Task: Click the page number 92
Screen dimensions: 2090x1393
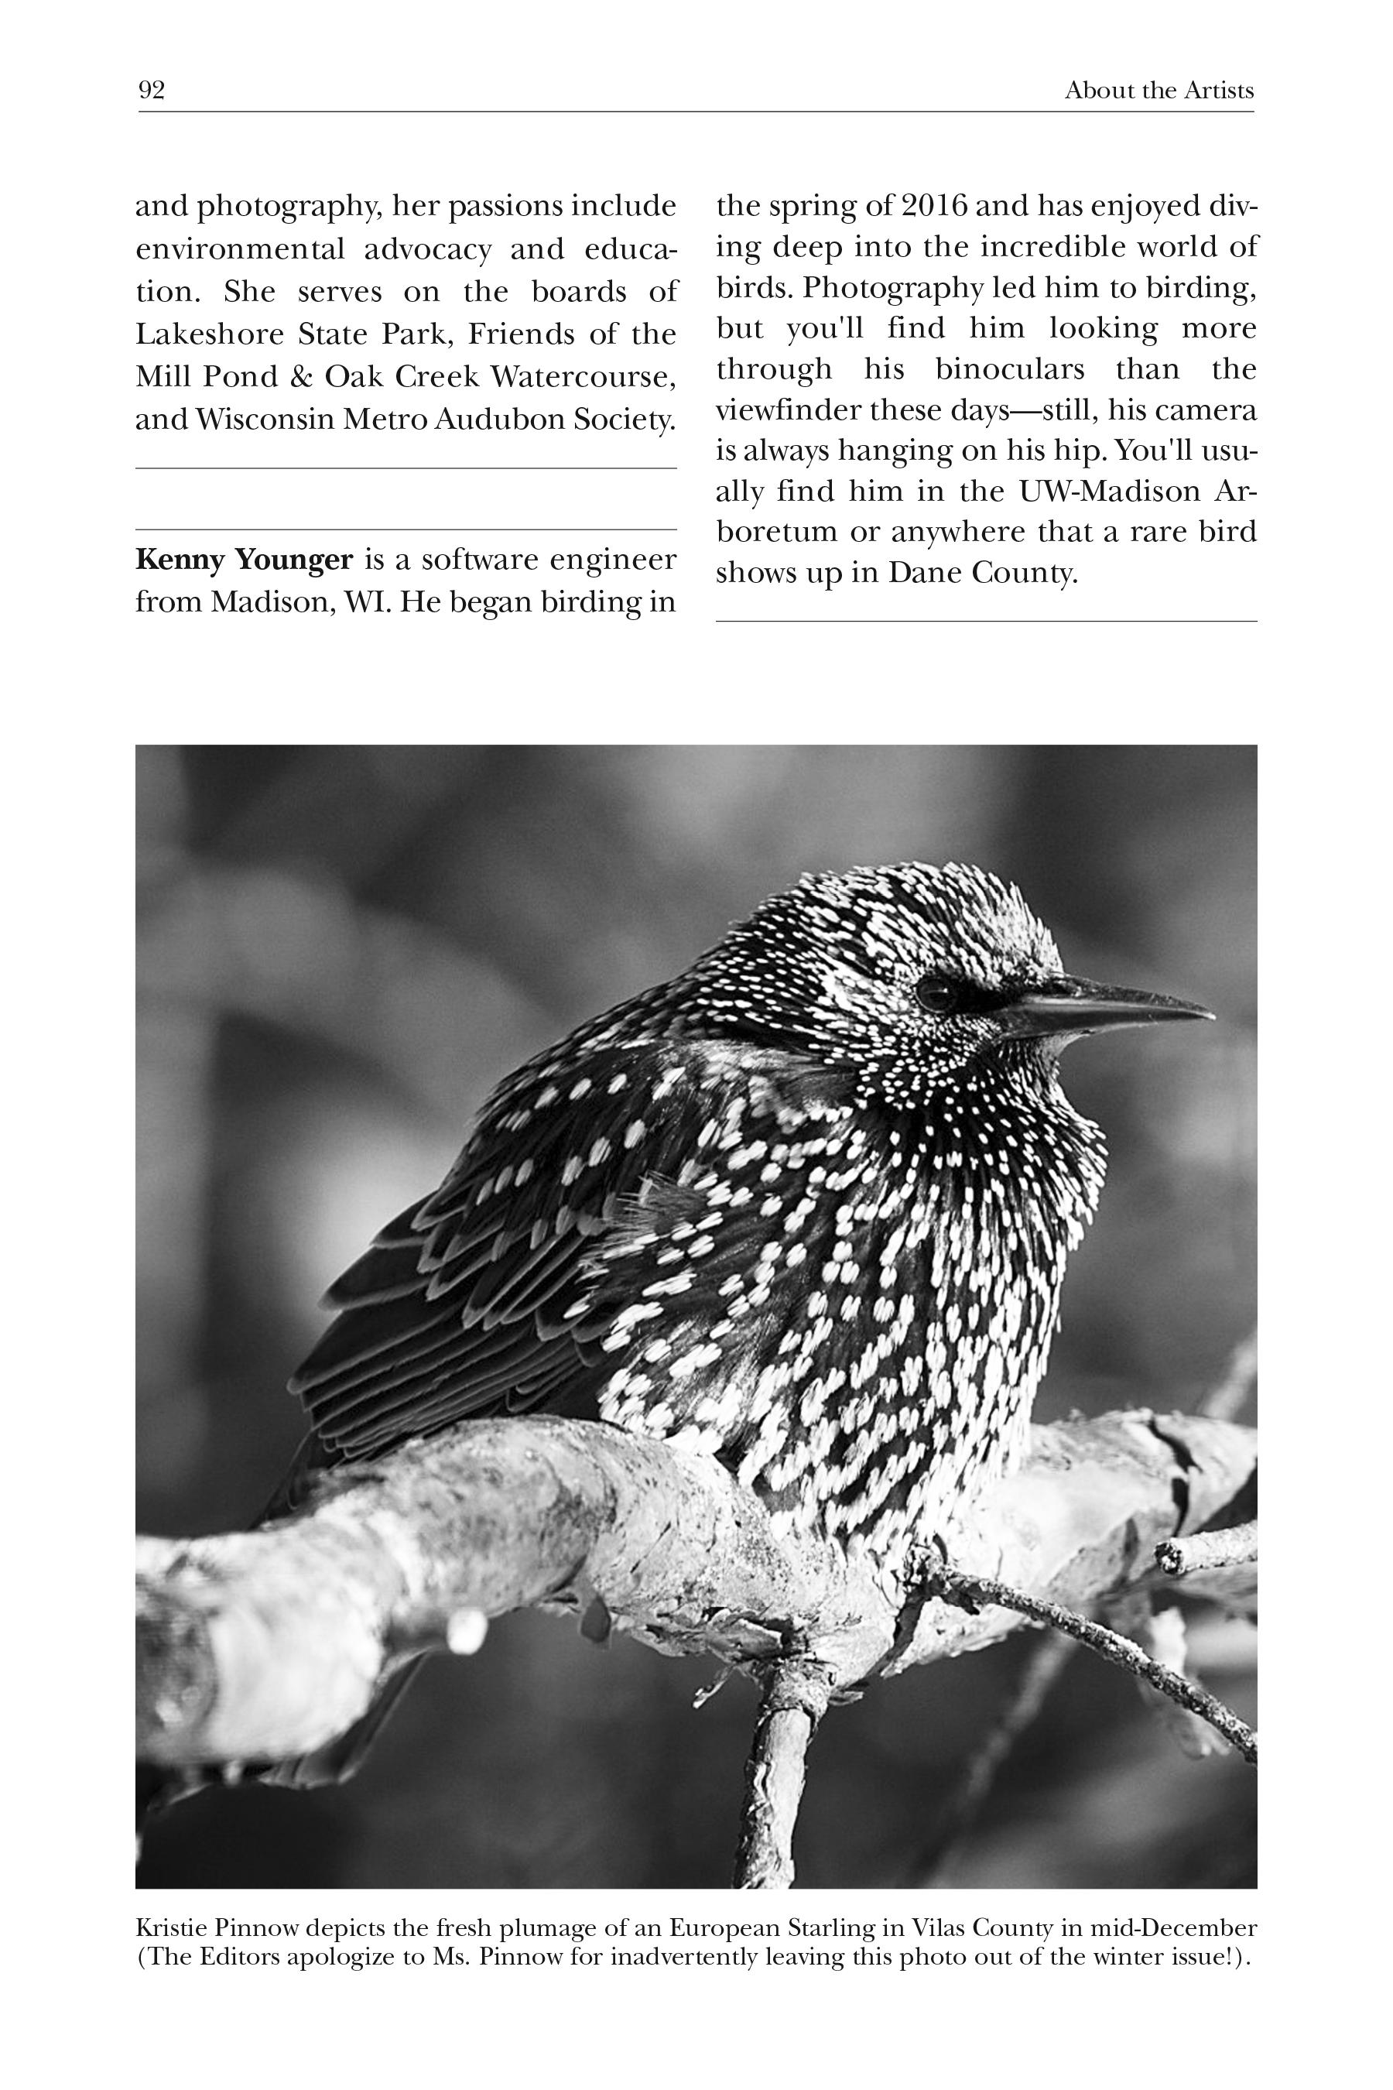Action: pyautogui.click(x=151, y=91)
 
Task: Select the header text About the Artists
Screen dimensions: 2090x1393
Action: pyautogui.click(x=1159, y=91)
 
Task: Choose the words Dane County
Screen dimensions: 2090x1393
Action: pyautogui.click(x=983, y=573)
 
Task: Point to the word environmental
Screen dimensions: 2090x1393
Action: pyautogui.click(x=240, y=250)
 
